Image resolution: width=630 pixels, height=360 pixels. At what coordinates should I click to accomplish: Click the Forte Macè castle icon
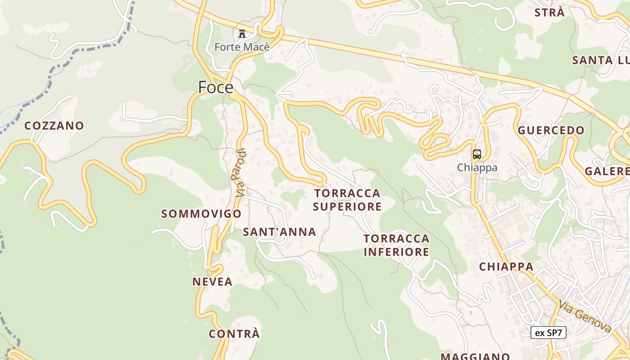242,33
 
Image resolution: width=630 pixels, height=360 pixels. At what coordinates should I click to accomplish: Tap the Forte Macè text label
242,47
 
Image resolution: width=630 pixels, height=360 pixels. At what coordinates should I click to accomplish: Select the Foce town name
216,87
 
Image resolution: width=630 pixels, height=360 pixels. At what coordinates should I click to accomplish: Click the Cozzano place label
54,126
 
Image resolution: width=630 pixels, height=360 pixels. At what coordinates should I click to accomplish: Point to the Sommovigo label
202,214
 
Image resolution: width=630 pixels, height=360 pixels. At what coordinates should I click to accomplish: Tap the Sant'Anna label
279,232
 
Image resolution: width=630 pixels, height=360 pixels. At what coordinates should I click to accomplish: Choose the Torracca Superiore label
347,200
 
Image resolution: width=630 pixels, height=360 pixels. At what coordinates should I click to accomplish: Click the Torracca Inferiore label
396,245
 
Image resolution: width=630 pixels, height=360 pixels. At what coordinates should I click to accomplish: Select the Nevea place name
212,282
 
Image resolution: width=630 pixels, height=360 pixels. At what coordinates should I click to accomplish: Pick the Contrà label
234,334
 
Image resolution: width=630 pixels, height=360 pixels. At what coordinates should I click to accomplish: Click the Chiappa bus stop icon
477,154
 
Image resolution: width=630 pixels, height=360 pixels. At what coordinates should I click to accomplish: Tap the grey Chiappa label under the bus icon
477,167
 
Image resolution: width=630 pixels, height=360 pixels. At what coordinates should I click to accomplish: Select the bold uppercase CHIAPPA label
506,266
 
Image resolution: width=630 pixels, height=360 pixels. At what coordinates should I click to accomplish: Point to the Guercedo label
551,130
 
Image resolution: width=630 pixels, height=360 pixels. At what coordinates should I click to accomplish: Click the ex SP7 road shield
549,333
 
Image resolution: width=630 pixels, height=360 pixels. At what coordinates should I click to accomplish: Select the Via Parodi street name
240,173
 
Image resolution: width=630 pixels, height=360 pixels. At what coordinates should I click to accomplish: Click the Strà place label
549,13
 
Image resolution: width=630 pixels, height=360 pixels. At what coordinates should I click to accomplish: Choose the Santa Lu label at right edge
600,60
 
